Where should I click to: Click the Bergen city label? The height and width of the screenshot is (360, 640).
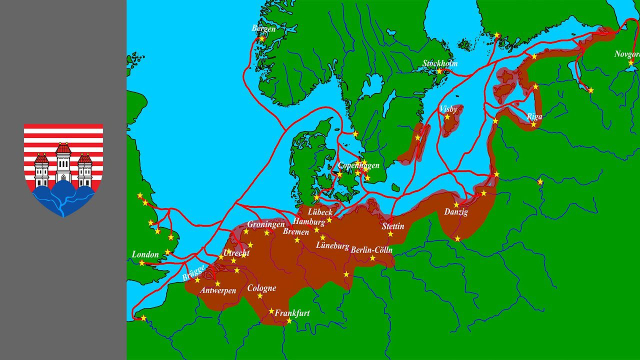tap(264, 29)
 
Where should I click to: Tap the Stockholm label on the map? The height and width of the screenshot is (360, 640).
tap(440, 63)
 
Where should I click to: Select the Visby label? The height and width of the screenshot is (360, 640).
tap(449, 108)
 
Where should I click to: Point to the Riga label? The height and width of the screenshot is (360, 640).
tap(535, 116)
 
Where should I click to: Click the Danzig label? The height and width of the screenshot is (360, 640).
tap(456, 212)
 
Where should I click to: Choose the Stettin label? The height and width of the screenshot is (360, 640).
tap(393, 227)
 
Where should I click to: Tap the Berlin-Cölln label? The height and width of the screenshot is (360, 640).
tap(372, 250)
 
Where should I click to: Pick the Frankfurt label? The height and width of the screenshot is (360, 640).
tap(291, 313)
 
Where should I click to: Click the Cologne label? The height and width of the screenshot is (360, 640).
tap(262, 288)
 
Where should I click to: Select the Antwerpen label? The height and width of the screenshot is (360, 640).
tap(218, 291)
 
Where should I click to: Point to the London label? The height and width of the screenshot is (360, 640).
tap(145, 255)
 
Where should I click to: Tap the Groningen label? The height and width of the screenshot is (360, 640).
tap(266, 224)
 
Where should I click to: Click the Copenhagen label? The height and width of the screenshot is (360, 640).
tap(359, 165)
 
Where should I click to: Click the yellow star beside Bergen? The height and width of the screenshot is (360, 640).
tap(262, 38)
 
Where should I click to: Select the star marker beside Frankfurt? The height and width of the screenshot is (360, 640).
tap(289, 321)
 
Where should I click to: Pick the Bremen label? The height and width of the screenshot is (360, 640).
tap(296, 232)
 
